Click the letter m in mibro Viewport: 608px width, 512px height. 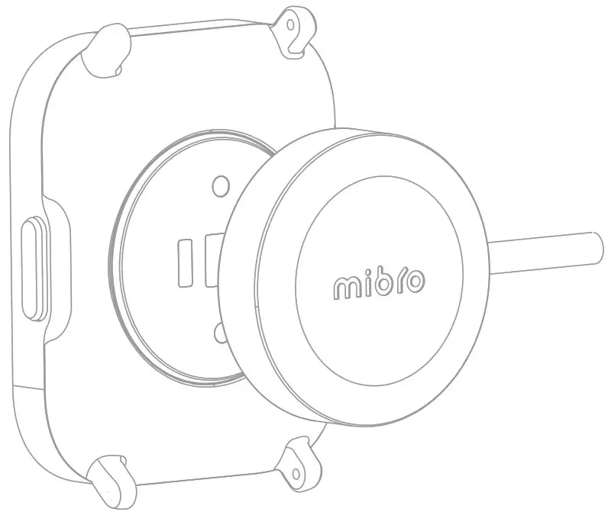(x=348, y=287)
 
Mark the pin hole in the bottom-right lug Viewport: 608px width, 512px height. (x=294, y=462)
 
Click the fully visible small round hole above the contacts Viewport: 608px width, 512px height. (x=221, y=186)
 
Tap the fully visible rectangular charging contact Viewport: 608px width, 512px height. (x=185, y=264)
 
